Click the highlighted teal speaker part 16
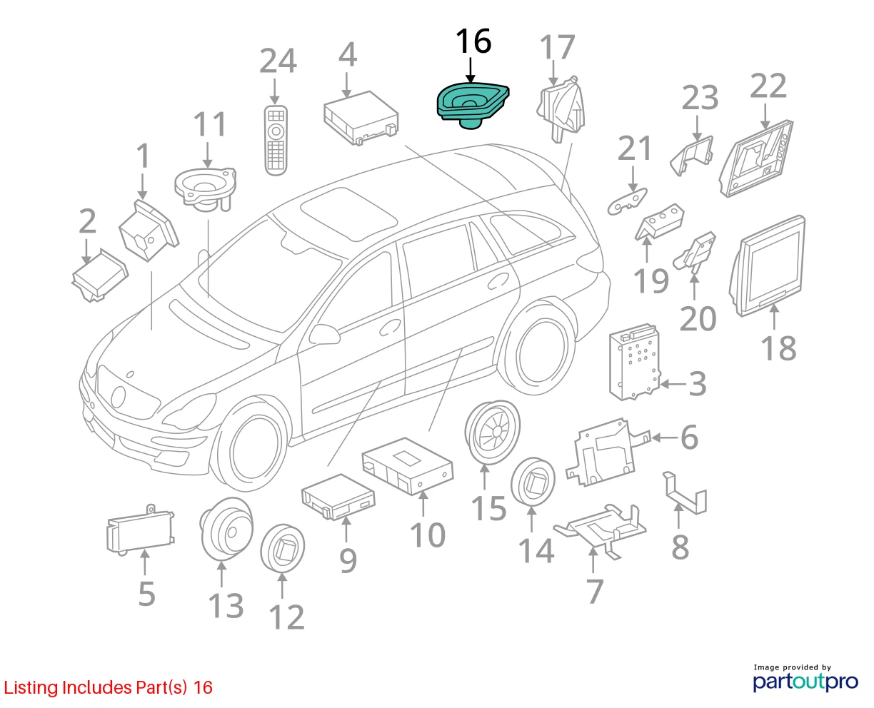point(472,105)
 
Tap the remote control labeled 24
point(276,141)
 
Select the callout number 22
point(768,86)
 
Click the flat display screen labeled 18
point(766,265)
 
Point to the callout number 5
point(146,594)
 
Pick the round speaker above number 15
point(493,433)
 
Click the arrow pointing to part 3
point(673,384)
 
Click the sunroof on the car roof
point(348,213)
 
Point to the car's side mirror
point(324,335)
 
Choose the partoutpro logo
point(805,682)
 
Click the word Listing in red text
point(31,687)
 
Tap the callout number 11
point(209,124)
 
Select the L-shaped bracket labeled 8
point(685,492)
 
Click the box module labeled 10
point(408,465)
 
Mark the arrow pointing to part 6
point(664,438)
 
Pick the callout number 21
point(634,148)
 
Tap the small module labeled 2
point(100,275)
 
